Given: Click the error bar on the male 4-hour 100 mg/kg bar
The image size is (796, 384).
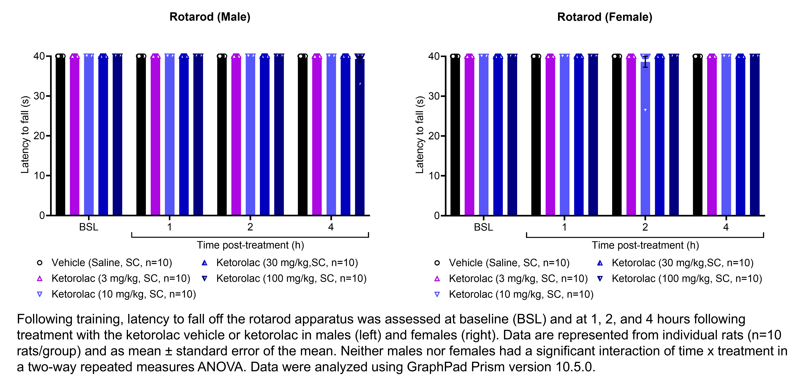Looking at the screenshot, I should [360, 59].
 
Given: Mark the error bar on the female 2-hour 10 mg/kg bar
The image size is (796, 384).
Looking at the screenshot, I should [645, 62].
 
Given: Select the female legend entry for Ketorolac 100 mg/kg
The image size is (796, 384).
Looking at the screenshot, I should [687, 278].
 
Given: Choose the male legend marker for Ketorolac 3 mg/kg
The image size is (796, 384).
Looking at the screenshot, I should [40, 278].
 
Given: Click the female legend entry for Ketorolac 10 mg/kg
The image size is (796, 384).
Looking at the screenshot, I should [521, 294].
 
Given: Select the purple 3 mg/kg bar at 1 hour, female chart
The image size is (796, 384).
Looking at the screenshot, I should [550, 136].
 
